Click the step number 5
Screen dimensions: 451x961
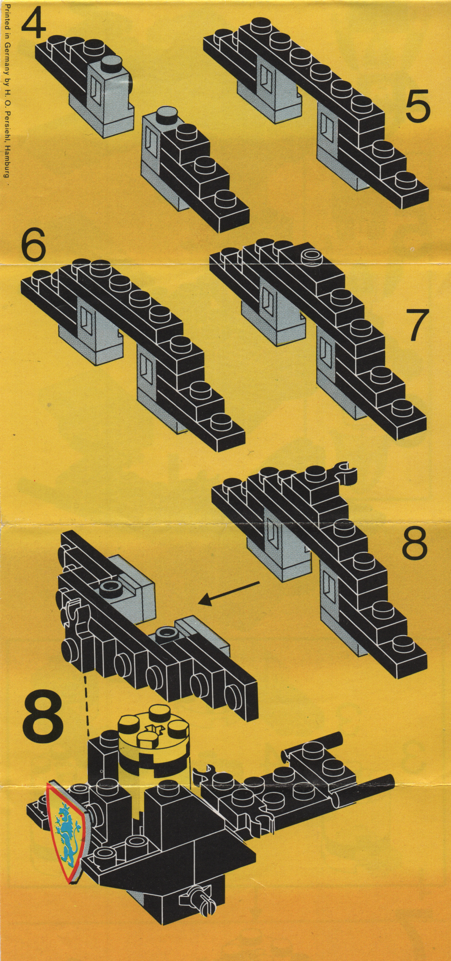(417, 107)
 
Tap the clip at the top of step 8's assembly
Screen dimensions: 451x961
(346, 469)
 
